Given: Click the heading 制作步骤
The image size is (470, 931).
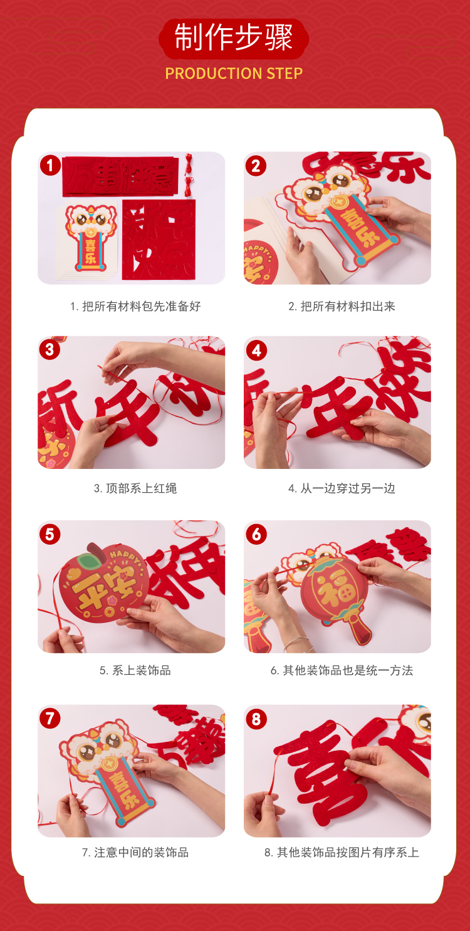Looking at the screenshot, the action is point(233,38).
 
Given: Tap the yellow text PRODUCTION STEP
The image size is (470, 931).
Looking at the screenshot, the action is point(234,73).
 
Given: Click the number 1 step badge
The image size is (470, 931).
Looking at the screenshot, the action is point(50,165).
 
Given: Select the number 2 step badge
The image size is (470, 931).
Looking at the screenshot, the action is point(256,166).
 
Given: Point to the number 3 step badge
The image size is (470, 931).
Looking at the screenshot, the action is point(50,349).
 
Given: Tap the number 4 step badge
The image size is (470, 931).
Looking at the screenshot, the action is point(256,351).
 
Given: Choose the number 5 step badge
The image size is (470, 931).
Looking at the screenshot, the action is point(50,534).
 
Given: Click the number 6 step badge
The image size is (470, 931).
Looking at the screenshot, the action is point(256,534).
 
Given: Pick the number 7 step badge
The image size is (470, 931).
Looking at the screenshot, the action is point(50,718).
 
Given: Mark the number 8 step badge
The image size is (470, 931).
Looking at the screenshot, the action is point(256,719).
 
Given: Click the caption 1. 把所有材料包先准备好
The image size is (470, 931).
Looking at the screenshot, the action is point(135,306).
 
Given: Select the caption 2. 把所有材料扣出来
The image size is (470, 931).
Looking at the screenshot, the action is point(342,306).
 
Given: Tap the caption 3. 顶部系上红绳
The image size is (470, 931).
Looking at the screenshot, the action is point(135,488).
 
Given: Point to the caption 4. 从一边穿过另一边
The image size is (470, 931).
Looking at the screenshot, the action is point(342,488).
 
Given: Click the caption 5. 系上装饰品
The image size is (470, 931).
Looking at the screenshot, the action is point(135,671).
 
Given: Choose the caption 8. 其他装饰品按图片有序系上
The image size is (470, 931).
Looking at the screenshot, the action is point(342,853).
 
